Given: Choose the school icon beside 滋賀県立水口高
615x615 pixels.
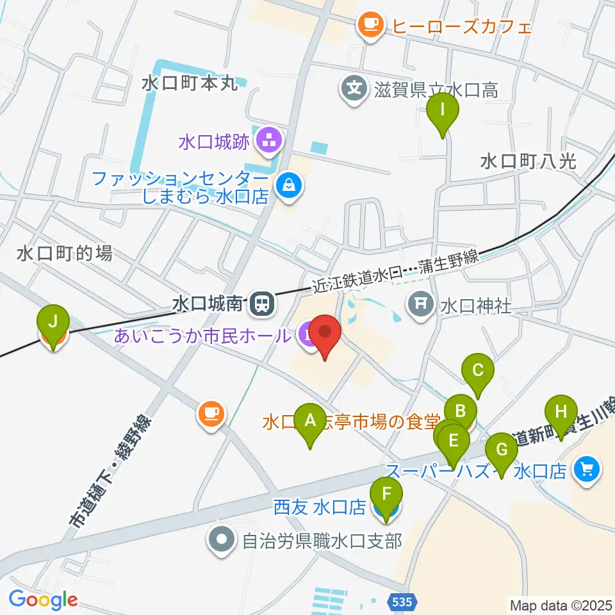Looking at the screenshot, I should (x=354, y=86).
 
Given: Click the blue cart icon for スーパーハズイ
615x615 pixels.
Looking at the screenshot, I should (x=587, y=470).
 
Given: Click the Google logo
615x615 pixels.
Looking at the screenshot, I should (x=43, y=600).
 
